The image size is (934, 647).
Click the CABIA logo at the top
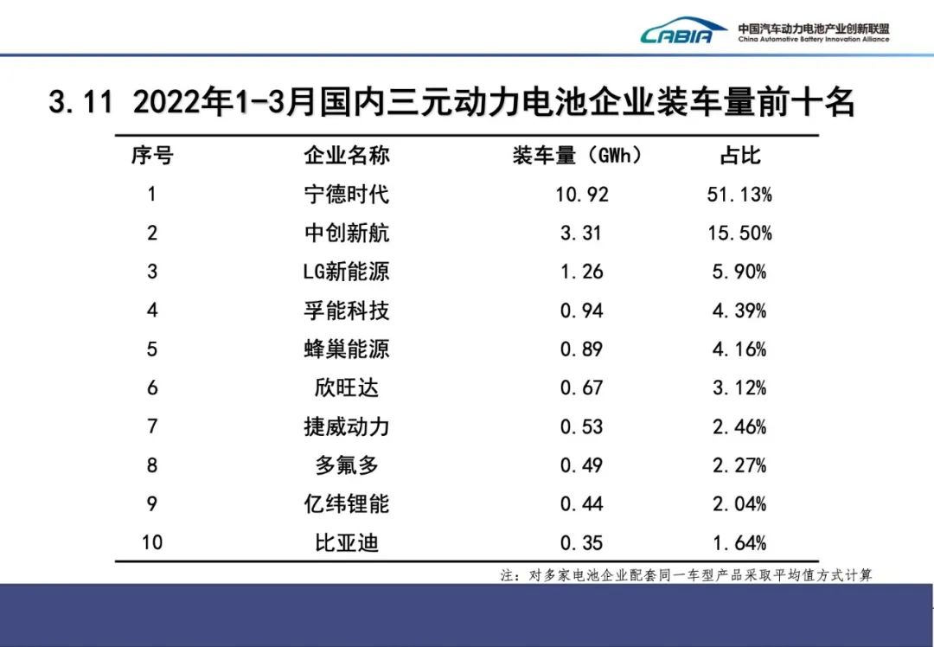click(683, 33)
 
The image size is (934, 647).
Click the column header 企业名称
click(346, 156)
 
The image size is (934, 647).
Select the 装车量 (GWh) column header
click(578, 156)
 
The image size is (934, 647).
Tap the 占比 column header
click(739, 156)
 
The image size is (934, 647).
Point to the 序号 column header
click(152, 156)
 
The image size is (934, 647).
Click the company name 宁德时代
click(346, 194)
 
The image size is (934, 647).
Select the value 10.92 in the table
click(582, 194)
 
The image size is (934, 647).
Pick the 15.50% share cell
click(739, 233)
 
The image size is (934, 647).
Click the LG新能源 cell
click(346, 272)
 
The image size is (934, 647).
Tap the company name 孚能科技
click(346, 311)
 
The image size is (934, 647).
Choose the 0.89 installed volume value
click(582, 349)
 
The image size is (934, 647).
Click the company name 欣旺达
click(346, 388)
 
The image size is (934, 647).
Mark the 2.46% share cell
click(739, 426)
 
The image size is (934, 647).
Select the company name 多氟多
click(346, 465)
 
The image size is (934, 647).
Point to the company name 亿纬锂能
click(346, 504)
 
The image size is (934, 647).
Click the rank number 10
click(152, 543)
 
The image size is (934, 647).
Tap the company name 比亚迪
click(346, 543)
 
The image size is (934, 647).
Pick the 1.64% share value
click(739, 543)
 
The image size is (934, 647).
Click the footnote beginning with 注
click(686, 575)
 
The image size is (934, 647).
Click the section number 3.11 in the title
click(80, 103)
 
